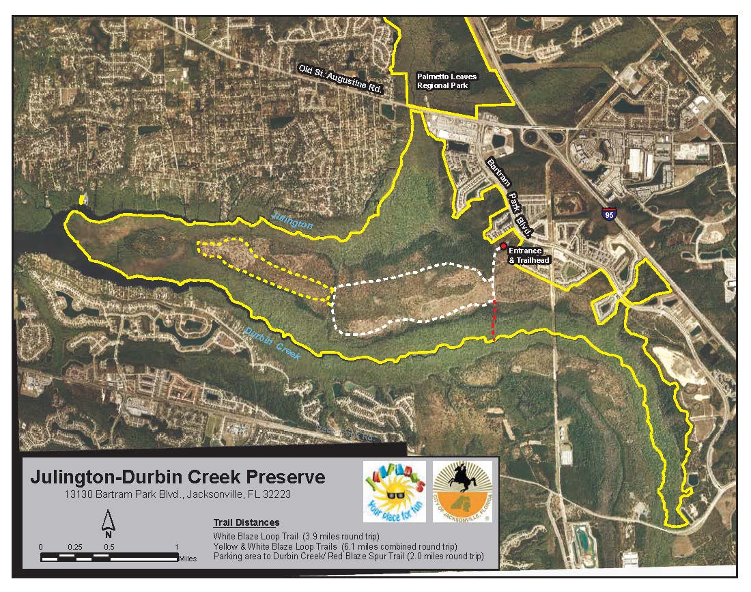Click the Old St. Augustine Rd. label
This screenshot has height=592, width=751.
[x=341, y=78]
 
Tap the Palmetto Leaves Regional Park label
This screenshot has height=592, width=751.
[x=447, y=82]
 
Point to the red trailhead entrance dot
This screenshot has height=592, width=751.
[x=503, y=246]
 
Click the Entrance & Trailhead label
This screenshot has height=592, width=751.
[x=529, y=255]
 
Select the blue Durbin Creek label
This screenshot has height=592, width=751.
[x=270, y=341]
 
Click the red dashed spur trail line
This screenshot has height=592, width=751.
[x=494, y=320]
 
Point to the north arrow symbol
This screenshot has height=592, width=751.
[x=108, y=525]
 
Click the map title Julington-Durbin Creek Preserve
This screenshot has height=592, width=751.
[x=178, y=477]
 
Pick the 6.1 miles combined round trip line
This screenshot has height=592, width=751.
[x=335, y=547]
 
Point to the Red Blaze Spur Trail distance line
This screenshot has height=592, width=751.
[x=348, y=556]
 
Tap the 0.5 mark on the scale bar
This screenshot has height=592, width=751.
[x=109, y=548]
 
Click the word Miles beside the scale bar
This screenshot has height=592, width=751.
[x=187, y=558]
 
